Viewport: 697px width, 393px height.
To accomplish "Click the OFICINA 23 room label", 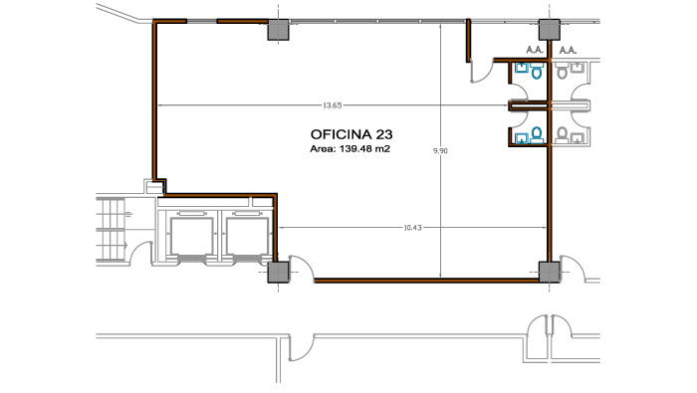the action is (351, 134).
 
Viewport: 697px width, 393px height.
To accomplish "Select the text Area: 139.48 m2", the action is (349, 149).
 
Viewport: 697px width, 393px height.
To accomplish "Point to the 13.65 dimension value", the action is (332, 105).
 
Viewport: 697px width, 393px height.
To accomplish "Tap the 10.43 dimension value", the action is (412, 228).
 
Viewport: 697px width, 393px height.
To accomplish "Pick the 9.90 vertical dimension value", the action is (440, 150).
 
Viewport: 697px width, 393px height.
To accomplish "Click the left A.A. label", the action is (535, 50).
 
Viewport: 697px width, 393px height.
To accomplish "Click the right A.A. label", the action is (568, 50).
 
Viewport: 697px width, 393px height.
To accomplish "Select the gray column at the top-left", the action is (278, 30).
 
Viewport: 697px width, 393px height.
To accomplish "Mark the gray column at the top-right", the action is (550, 30).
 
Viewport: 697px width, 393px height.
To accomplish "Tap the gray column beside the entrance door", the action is (278, 273).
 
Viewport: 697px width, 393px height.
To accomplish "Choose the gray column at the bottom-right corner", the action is (550, 272).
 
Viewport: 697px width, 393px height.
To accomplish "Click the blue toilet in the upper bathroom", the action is (537, 71).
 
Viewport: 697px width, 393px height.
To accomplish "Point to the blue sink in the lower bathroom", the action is (521, 138).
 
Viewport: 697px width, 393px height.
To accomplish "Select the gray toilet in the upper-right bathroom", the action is (562, 71).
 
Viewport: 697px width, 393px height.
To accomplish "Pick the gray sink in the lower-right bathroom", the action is (578, 138).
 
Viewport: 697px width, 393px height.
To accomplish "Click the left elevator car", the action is (192, 236).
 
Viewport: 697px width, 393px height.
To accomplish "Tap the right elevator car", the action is (247, 236).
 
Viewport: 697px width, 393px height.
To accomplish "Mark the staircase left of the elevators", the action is (111, 230).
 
